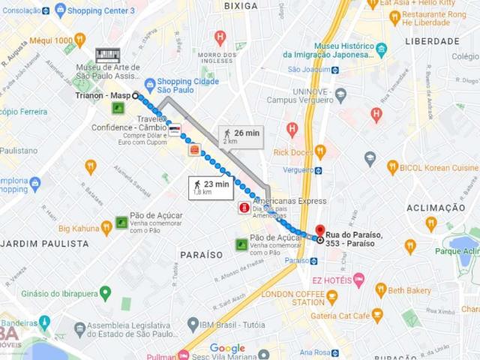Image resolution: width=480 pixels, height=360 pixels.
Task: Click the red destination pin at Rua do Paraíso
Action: point(320,231)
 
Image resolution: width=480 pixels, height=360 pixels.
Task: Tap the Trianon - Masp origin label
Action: point(103,95)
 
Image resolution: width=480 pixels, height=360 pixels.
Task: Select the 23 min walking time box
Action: point(211,187)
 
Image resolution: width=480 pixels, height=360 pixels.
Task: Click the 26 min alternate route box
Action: point(241,136)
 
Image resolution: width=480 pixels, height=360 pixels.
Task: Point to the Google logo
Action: point(227,348)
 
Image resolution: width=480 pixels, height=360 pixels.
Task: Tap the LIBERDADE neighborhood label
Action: point(432,41)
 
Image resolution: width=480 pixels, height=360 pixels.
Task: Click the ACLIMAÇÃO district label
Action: point(436,207)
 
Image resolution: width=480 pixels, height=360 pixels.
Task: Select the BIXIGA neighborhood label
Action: point(241,6)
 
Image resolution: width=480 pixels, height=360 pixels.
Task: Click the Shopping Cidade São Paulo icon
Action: point(150,83)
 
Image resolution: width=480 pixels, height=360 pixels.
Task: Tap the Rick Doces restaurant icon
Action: point(320,152)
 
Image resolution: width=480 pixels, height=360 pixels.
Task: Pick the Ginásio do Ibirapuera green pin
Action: point(105,292)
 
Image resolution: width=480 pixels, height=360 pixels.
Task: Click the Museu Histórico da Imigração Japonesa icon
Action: point(381,49)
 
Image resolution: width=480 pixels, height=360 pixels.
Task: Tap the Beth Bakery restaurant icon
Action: point(380,290)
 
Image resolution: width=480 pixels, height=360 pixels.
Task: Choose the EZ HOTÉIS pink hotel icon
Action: point(358,280)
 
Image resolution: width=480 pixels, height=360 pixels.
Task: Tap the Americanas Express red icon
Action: point(244,207)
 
